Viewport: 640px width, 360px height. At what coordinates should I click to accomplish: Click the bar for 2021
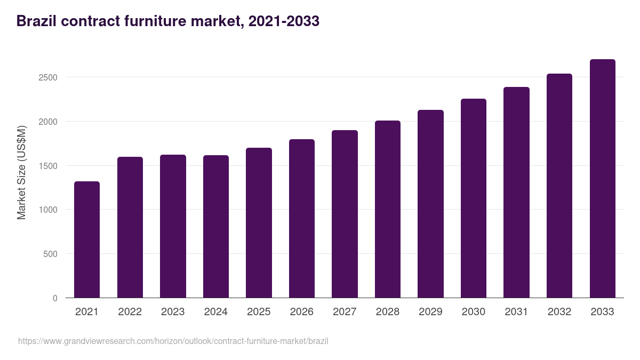87,239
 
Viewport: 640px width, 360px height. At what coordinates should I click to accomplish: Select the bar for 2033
602,179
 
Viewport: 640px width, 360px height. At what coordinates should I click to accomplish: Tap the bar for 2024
216,227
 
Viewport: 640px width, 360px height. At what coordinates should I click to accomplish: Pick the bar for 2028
388,209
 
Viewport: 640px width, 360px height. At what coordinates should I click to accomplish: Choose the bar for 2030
474,198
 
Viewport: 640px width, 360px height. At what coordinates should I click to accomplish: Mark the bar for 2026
302,219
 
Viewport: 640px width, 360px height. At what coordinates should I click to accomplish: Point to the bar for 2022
130,227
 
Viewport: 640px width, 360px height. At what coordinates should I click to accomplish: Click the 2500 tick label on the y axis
48,77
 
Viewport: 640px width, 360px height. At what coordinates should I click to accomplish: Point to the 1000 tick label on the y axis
48,210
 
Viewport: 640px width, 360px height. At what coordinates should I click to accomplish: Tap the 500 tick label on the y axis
51,254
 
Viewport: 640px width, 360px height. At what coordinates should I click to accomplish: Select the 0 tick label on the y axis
55,298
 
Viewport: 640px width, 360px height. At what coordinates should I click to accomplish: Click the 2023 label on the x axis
173,312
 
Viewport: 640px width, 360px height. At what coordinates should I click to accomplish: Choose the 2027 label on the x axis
345,312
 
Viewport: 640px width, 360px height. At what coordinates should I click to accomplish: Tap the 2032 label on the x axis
559,312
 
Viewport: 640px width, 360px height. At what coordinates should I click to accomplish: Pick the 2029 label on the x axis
430,312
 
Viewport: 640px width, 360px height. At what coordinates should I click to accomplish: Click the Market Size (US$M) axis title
21,172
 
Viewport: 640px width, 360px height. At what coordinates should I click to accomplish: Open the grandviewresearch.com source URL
173,341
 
